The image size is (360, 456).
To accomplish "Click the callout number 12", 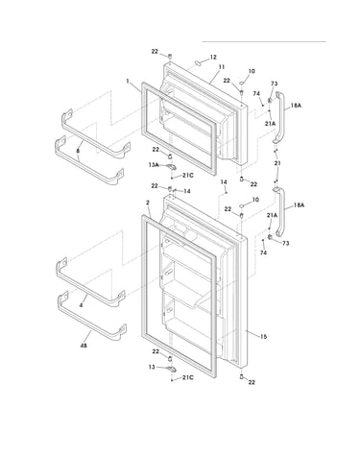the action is point(213,58).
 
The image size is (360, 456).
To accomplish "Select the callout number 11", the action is point(222,67).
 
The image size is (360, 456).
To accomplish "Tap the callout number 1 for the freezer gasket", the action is point(128,82).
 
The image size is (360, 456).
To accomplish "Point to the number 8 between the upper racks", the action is point(78,150).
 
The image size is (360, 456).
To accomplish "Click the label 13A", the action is point(154,165).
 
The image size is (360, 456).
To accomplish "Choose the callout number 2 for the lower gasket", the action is point(148,203).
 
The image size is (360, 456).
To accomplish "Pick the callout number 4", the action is point(81,305).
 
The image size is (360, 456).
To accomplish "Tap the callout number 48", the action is point(84,346).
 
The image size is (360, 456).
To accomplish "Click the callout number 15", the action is point(263,336).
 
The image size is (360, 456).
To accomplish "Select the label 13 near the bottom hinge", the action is point(152,367).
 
